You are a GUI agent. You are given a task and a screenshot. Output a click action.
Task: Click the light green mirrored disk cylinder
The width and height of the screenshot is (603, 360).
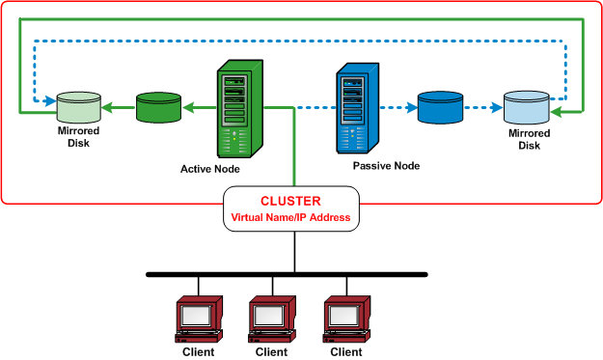point(78,107)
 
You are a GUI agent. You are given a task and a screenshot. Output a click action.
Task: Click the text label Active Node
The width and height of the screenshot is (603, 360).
point(210,169)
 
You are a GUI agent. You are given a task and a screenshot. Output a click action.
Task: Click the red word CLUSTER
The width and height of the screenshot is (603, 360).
point(291,202)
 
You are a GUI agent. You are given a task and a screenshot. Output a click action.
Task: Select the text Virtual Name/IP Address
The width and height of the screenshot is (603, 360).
point(291,219)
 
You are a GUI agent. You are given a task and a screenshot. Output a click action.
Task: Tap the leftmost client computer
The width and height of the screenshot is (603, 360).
point(199,318)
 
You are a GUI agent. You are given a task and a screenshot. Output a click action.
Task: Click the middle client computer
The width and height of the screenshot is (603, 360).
point(272,318)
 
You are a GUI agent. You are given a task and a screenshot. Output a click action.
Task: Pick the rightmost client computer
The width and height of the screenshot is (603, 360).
point(346,318)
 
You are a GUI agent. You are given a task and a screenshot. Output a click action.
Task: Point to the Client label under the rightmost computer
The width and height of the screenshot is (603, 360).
point(346,352)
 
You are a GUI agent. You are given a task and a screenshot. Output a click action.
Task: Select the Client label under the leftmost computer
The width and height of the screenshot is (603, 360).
point(199,352)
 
